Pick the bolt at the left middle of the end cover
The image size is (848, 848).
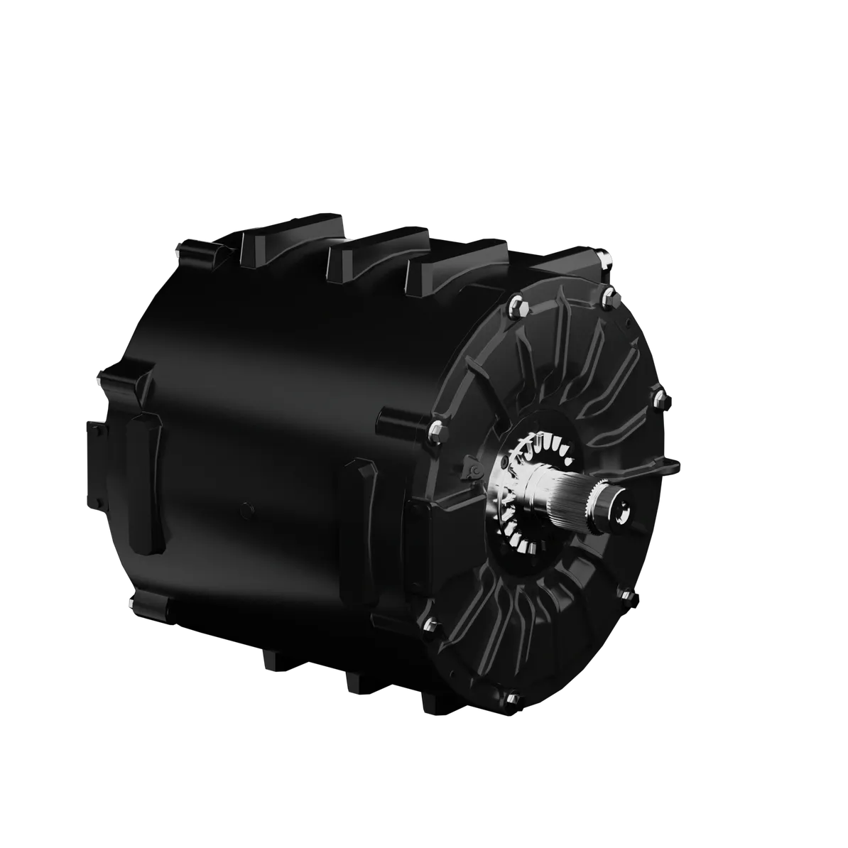coord(436,428)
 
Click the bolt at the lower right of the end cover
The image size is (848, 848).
coord(628,595)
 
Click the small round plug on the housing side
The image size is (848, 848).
coord(246,507)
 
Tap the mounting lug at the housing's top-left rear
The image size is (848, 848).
coord(197,251)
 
